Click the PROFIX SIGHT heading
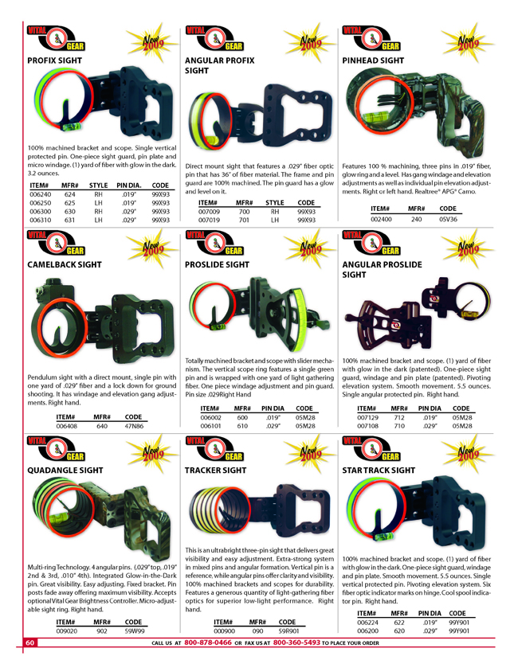(54, 61)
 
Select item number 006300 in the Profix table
(40, 212)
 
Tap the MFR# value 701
(245, 221)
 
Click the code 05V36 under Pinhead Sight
(448, 220)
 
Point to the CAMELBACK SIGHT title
(65, 264)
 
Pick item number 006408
(66, 426)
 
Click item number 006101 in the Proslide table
(211, 426)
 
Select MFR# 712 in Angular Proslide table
(399, 418)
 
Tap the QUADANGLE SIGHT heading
(65, 471)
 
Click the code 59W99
(135, 631)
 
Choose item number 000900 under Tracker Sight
(224, 631)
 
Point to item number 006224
(367, 623)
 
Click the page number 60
(29, 643)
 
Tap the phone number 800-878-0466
(208, 643)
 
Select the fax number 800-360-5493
(296, 643)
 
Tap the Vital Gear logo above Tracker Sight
(215, 448)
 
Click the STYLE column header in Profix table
(99, 186)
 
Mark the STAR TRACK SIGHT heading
(379, 471)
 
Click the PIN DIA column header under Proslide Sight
(273, 408)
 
